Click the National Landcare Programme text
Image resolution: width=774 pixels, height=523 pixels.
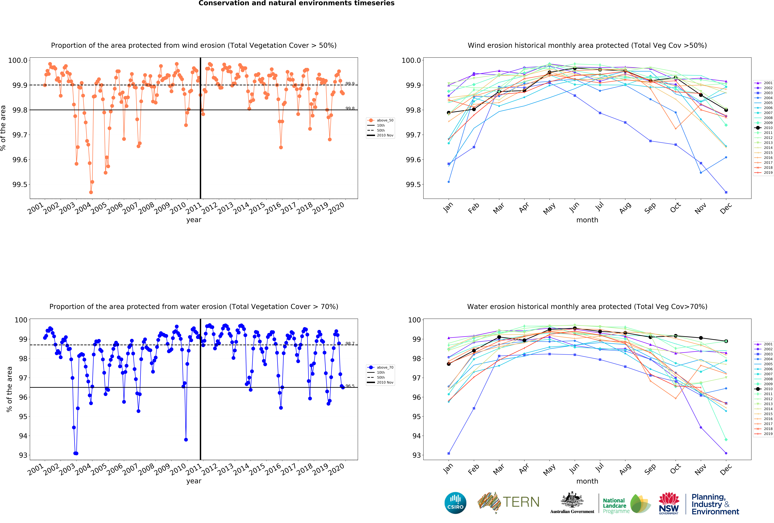[x=616, y=506]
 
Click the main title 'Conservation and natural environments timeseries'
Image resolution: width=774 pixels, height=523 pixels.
[x=296, y=3]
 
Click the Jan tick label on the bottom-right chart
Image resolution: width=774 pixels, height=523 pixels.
[x=448, y=468]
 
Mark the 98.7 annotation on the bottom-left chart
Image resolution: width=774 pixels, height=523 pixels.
[x=350, y=343]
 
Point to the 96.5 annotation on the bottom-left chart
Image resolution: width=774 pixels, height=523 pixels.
[x=350, y=386]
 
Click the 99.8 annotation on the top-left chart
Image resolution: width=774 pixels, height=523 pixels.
[x=350, y=108]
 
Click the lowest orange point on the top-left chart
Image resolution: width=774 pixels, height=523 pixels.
[x=91, y=192]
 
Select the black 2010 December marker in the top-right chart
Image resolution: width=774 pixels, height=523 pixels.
[x=726, y=110]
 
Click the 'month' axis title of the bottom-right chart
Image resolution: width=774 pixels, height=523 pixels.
[x=587, y=481]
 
